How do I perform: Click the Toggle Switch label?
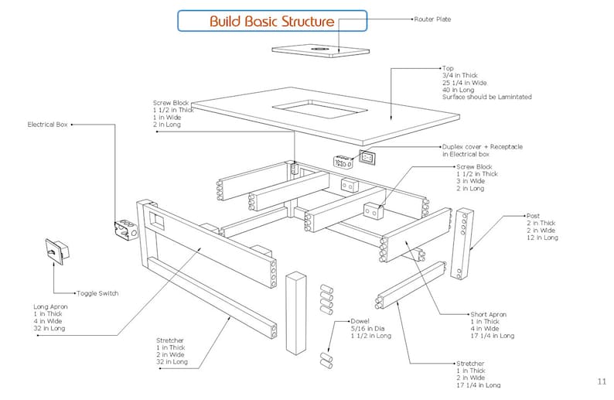[97, 293]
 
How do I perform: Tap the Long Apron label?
[50, 307]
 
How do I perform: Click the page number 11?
[602, 381]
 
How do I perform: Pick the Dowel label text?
[360, 320]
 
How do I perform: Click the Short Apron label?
[488, 315]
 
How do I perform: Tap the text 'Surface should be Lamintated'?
[486, 97]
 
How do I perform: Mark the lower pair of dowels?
[326, 359]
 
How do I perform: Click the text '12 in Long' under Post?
[542, 238]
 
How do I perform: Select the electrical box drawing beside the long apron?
[125, 230]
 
